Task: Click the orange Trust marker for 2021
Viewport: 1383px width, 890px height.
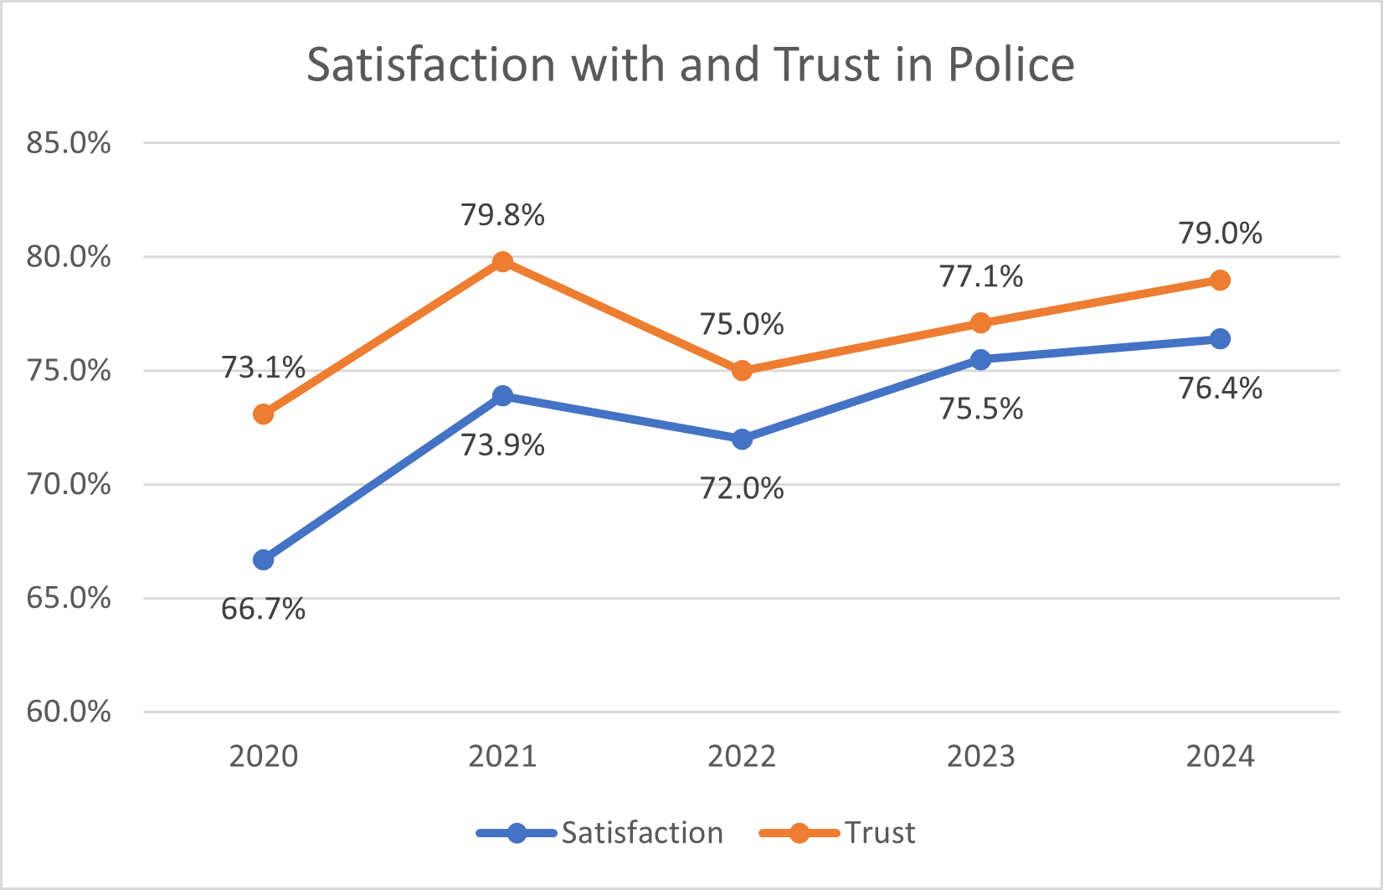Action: (x=502, y=262)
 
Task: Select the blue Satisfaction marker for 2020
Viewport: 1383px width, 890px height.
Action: (x=264, y=560)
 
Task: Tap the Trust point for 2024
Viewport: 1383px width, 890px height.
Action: (x=1220, y=280)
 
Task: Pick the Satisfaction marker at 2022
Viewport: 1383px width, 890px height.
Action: (x=742, y=439)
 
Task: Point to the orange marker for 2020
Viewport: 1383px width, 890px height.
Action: (x=264, y=414)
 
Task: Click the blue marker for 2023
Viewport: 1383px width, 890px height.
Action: (x=980, y=359)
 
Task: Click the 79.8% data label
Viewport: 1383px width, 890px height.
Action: (x=502, y=215)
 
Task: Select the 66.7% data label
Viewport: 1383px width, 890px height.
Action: (x=263, y=609)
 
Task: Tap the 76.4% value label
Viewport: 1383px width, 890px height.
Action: (x=1220, y=388)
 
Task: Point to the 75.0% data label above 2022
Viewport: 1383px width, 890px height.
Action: (x=742, y=324)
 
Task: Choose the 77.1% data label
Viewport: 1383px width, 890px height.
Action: (x=980, y=276)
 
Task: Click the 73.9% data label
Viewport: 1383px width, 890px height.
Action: (x=502, y=445)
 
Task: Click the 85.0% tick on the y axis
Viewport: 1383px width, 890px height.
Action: (x=69, y=143)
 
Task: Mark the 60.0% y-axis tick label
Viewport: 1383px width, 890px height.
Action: (x=69, y=712)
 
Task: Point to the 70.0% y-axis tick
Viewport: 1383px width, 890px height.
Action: (x=69, y=484)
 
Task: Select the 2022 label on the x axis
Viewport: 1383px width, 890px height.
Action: (x=742, y=756)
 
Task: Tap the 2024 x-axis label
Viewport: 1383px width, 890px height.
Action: (x=1220, y=756)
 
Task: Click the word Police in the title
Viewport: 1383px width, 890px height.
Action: (x=1010, y=64)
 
